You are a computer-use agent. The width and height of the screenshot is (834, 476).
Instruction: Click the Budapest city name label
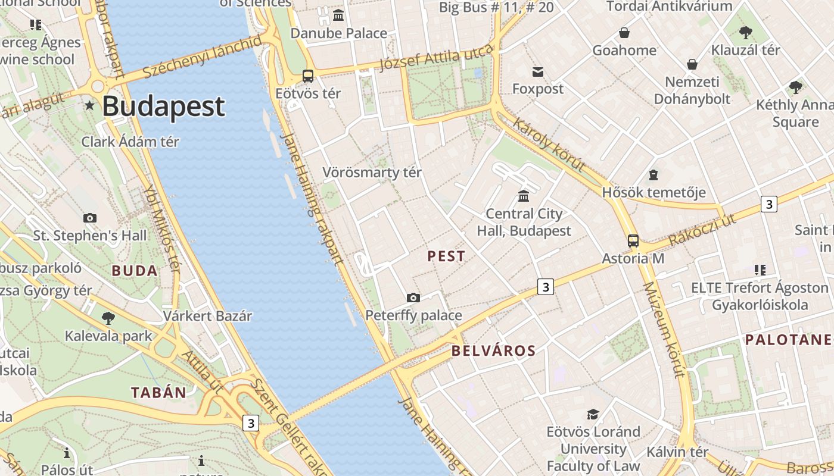coord(163,107)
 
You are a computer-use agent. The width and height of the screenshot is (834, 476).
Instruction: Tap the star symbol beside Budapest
coord(90,105)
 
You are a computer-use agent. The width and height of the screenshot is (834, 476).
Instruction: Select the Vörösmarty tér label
coord(372,173)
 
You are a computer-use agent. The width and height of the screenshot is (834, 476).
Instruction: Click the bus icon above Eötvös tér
coord(308,76)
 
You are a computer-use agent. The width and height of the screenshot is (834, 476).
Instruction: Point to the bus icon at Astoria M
coord(633,241)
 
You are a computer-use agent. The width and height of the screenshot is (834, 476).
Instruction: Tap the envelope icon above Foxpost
coord(538,72)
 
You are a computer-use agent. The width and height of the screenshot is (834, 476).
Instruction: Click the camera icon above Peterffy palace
coord(413,297)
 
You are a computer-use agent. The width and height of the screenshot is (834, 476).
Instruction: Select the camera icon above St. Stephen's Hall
coord(90,218)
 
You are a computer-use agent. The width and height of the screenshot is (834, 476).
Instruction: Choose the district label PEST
coord(446,256)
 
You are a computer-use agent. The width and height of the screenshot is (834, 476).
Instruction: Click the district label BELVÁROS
coord(493,350)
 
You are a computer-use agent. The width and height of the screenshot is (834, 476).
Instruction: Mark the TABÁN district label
coord(158,393)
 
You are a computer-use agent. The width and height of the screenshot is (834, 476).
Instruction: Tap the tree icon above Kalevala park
coord(108,318)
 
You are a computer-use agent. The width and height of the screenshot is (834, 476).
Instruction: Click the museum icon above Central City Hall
coord(524,196)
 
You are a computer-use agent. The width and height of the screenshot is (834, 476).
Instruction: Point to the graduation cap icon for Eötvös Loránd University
coord(593,414)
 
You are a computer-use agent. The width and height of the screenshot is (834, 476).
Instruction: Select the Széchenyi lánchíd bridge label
coord(203,57)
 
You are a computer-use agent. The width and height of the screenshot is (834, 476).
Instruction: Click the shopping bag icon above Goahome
coord(624,33)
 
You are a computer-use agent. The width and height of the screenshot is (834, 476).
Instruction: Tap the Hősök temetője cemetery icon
coord(653,175)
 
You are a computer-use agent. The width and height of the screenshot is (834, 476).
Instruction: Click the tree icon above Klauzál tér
coord(745,33)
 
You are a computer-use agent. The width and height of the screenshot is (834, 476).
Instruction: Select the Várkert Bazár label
coord(208,316)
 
